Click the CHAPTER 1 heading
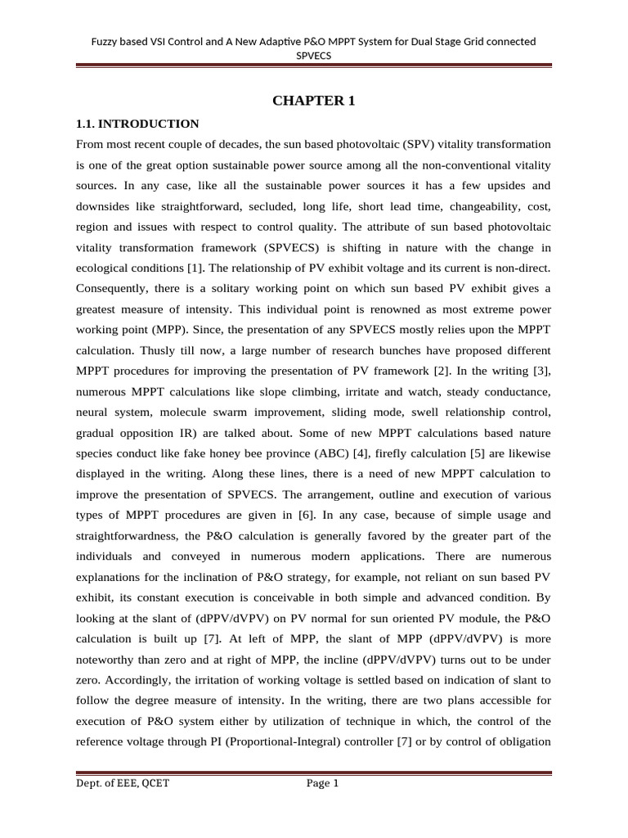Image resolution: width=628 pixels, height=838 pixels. click(x=314, y=101)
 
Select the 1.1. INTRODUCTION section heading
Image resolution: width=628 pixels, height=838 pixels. click(x=137, y=124)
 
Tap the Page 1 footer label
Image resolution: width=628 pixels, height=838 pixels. click(x=322, y=783)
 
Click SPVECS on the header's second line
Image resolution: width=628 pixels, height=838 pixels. click(x=314, y=56)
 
